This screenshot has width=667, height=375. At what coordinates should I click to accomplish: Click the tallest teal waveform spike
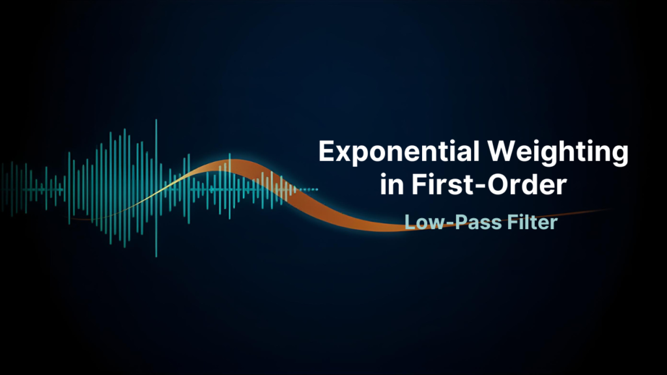click(x=156, y=189)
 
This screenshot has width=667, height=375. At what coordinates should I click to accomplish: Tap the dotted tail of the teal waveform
click(x=310, y=189)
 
